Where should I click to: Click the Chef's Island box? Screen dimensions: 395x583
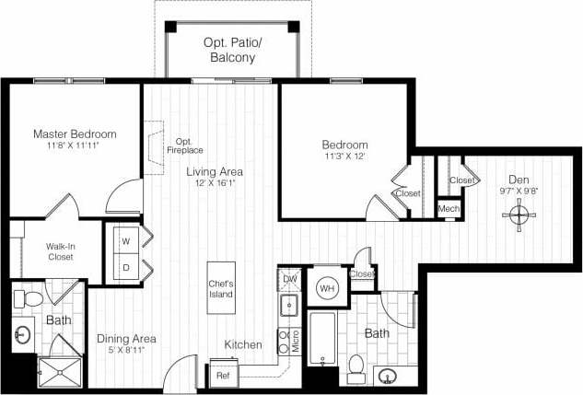pos(221,288)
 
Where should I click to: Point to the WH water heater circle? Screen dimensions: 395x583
pos(326,288)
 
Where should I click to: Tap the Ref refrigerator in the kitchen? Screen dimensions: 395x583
pos(223,375)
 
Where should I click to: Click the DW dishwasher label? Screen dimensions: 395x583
pos(289,277)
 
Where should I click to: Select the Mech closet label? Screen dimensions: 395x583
pos(449,210)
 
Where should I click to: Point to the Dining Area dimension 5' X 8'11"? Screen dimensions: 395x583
pos(126,352)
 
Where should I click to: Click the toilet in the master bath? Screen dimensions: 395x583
pos(28,299)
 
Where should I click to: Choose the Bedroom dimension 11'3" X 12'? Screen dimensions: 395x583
pos(344,157)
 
